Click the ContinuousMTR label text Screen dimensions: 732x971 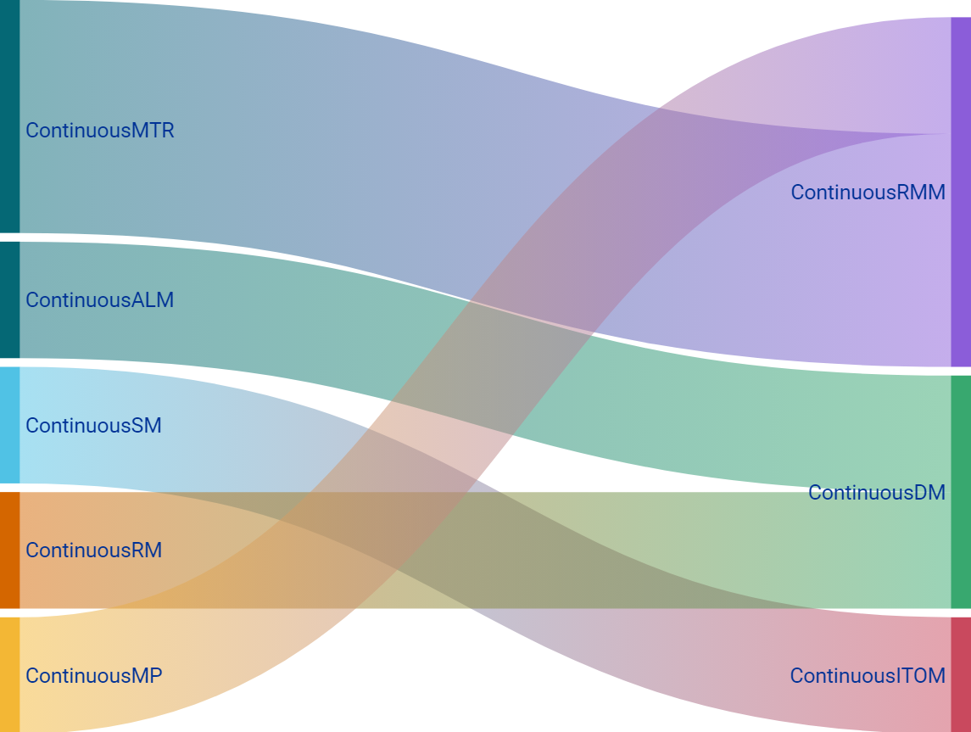(99, 131)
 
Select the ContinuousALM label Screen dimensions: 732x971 (99, 300)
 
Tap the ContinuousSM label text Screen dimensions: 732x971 (93, 426)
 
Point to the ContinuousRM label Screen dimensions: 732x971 (93, 550)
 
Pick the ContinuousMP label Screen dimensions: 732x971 (93, 676)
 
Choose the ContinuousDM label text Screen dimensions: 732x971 (876, 493)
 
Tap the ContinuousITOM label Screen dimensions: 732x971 (868, 676)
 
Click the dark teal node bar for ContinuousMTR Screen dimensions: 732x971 (9, 116)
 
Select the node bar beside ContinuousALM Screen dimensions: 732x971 (9, 300)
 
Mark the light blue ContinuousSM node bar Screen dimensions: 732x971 (9, 425)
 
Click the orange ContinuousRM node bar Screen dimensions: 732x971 (9, 550)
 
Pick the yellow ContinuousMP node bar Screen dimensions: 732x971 (9, 674)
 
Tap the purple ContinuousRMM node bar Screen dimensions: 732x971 (961, 192)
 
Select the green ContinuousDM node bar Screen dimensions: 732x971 (961, 492)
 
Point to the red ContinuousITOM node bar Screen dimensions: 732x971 (961, 674)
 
